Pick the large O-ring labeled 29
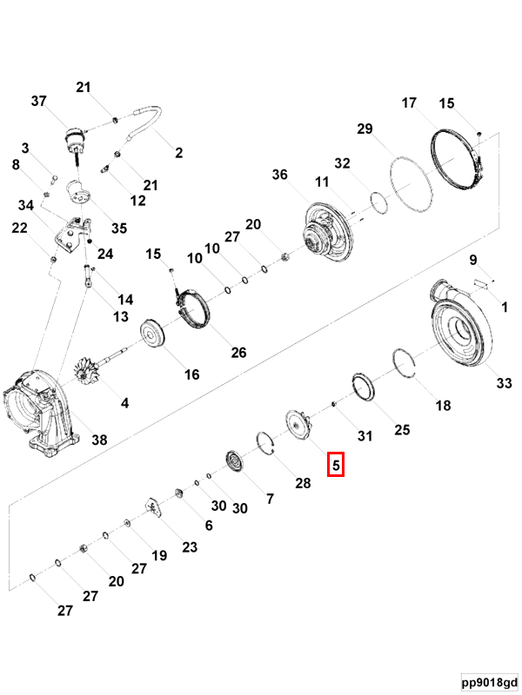pyautogui.click(x=409, y=183)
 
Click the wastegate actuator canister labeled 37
pyautogui.click(x=75, y=139)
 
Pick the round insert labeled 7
pyautogui.click(x=235, y=461)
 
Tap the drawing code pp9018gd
pyautogui.click(x=490, y=682)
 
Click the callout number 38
pyautogui.click(x=99, y=440)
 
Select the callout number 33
pyautogui.click(x=504, y=383)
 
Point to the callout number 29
pyautogui.click(x=365, y=129)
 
